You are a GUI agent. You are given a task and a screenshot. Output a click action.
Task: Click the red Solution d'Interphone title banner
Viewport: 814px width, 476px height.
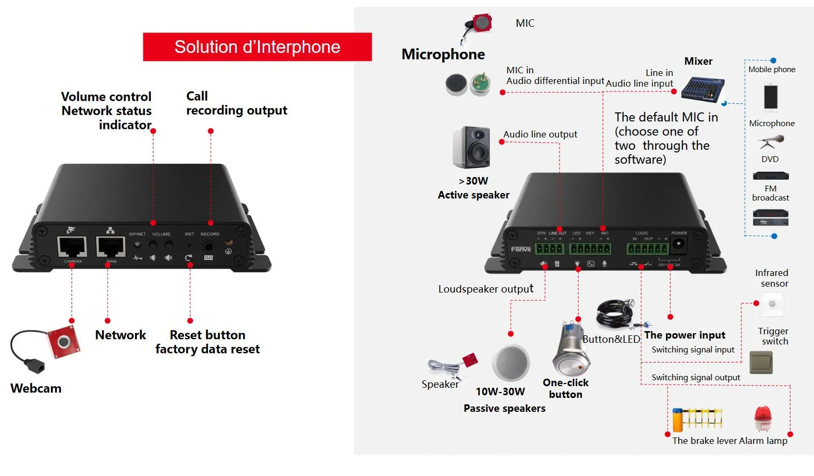[257, 47]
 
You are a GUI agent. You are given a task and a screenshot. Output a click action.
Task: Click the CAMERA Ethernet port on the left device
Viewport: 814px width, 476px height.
[72, 247]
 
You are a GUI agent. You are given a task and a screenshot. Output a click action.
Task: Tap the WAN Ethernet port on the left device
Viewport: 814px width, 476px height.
[111, 247]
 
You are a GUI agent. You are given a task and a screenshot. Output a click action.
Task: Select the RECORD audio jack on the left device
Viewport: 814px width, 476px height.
[209, 247]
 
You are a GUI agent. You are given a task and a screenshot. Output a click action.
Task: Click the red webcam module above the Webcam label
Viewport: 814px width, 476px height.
[64, 341]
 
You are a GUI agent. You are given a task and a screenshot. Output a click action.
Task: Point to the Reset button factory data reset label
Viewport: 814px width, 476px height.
[208, 342]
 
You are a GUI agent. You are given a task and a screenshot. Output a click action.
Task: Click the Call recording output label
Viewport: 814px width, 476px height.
[236, 103]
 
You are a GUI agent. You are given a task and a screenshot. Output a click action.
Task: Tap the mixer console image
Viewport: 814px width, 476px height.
[702, 89]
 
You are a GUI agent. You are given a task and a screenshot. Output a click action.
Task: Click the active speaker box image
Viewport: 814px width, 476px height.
[471, 147]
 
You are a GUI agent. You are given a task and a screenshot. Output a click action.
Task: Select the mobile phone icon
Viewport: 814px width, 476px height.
[771, 97]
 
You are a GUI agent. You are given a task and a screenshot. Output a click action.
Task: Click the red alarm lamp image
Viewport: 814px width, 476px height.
[763, 418]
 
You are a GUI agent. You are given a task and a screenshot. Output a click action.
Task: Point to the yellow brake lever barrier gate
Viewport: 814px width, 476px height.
[697, 419]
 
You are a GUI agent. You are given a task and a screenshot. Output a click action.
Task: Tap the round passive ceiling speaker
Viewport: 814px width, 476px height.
[510, 364]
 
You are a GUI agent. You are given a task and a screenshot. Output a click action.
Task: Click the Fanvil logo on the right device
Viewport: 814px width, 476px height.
[520, 249]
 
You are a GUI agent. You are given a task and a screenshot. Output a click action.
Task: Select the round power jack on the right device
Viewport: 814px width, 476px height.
[678, 244]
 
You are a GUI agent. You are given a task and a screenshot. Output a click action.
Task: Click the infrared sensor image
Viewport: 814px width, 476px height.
[772, 304]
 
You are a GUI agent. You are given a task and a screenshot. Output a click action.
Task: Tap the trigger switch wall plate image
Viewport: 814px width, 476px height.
[761, 362]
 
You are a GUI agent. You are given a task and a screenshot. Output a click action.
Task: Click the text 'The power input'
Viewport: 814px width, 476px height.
[685, 335]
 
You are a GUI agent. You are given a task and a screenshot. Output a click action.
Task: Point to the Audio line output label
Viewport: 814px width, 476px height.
[540, 134]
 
